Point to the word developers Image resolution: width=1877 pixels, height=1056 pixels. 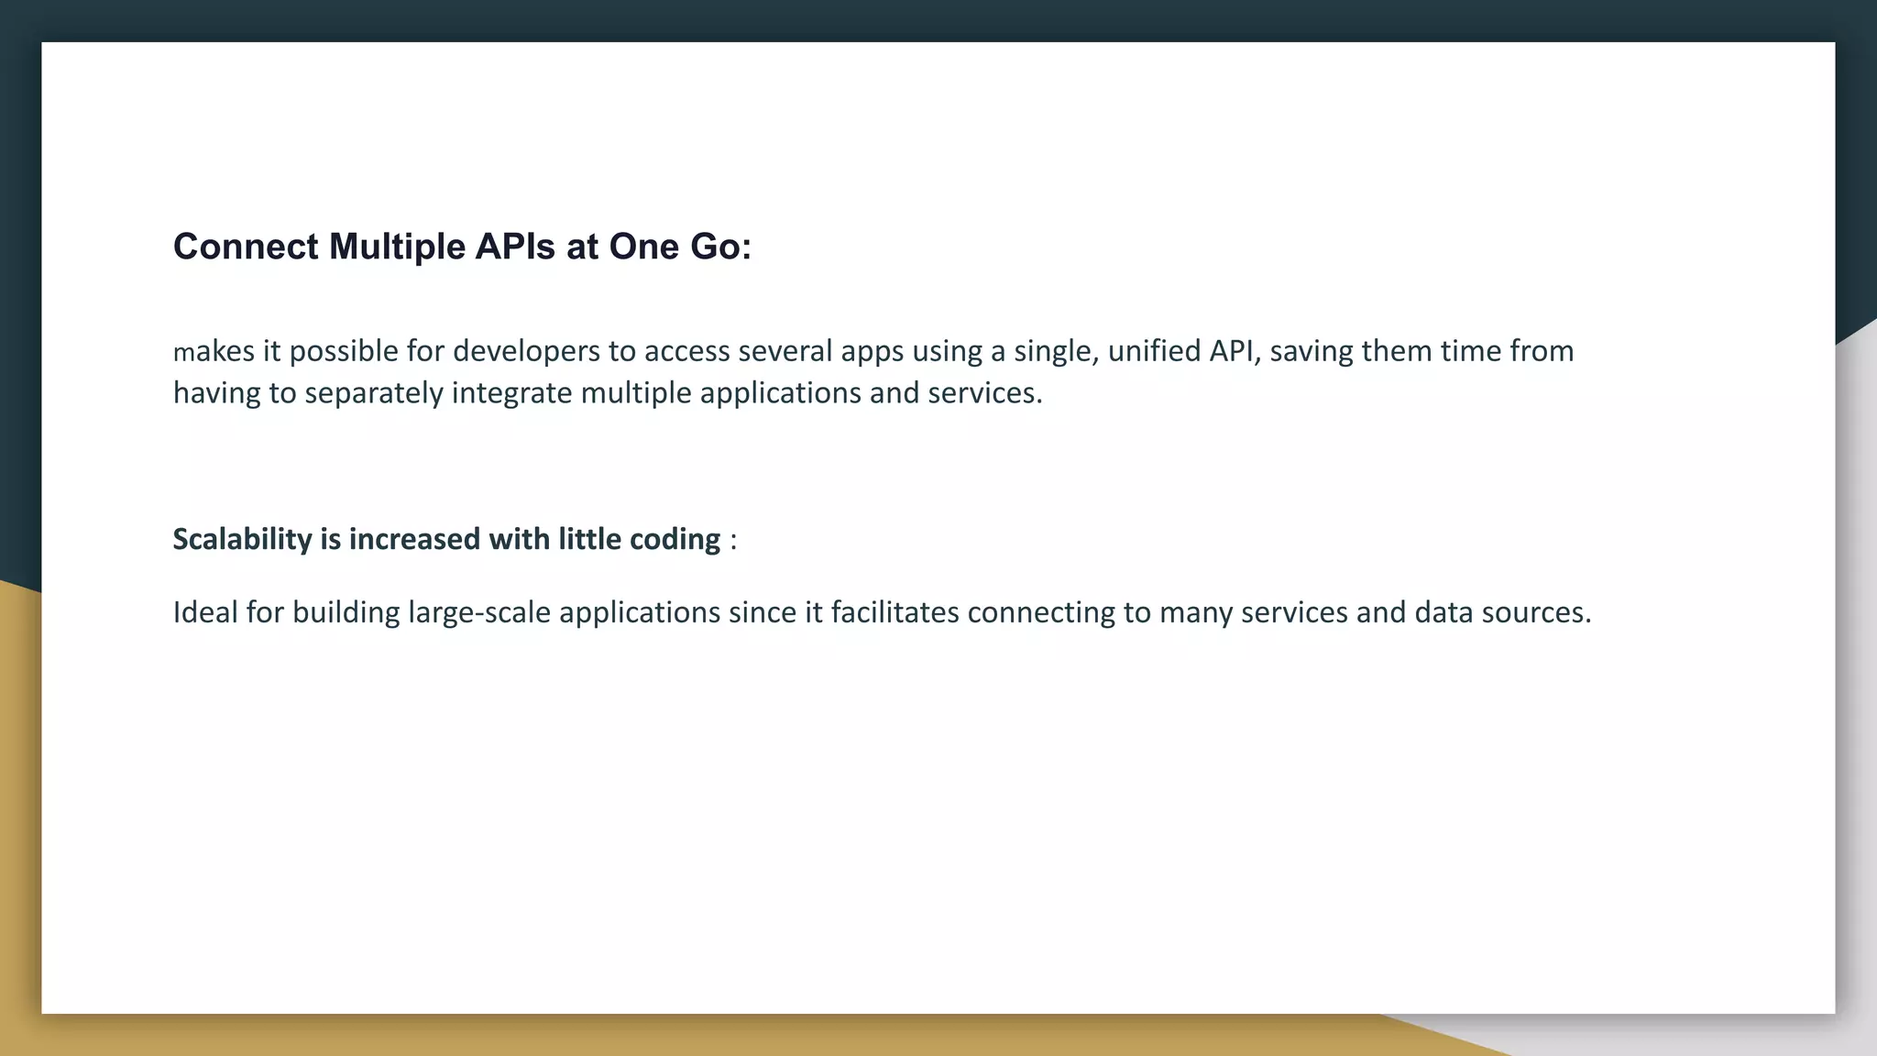pos(526,351)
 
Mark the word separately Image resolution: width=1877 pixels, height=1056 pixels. pos(374,393)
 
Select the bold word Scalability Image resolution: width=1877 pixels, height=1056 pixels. pos(243,539)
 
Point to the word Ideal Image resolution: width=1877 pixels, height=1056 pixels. pos(205,612)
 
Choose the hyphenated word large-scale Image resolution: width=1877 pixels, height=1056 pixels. pos(479,612)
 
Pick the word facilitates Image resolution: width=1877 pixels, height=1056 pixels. pos(895,612)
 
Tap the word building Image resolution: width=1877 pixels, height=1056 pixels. pos(346,612)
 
